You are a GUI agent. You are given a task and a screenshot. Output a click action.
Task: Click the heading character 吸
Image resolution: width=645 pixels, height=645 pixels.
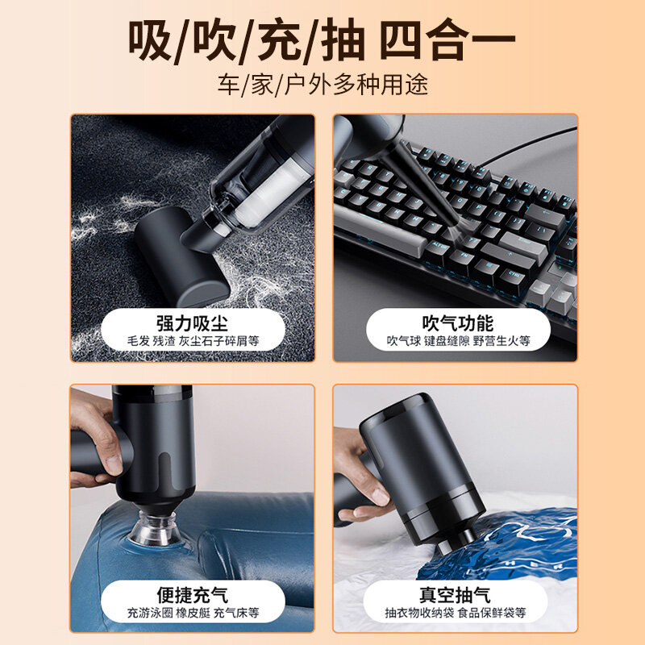pos(150,40)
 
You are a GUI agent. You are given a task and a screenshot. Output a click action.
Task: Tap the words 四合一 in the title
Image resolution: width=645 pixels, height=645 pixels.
pos(447,40)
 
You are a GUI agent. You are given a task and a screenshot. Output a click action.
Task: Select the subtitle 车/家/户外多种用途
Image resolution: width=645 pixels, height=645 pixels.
pos(323,85)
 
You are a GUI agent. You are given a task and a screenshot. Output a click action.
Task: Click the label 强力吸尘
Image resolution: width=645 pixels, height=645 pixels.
pos(192,323)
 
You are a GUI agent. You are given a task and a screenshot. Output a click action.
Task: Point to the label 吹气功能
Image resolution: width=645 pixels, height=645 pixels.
pos(457,323)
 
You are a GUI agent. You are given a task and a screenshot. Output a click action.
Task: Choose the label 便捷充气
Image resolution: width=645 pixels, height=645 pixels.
pos(192,595)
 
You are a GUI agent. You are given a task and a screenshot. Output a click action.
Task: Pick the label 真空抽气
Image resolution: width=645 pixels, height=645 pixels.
pos(455,595)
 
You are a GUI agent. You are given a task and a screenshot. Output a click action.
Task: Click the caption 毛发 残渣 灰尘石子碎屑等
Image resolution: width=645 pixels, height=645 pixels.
pos(193,341)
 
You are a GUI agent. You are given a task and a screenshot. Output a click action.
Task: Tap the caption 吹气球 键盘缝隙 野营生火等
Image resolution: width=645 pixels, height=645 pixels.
pos(458,341)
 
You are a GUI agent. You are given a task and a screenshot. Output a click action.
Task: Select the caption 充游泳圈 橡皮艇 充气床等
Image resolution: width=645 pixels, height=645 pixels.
pos(193,613)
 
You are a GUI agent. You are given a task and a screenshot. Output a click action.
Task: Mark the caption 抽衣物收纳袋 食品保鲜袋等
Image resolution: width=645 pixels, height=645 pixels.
pos(456,613)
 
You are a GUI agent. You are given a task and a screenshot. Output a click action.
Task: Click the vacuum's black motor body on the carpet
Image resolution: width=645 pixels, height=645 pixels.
pos(181,256)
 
